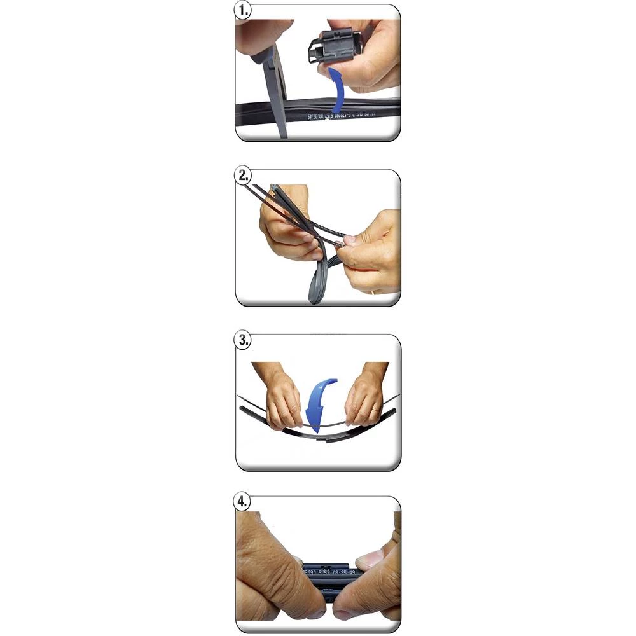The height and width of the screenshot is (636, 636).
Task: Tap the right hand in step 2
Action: (372, 251)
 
